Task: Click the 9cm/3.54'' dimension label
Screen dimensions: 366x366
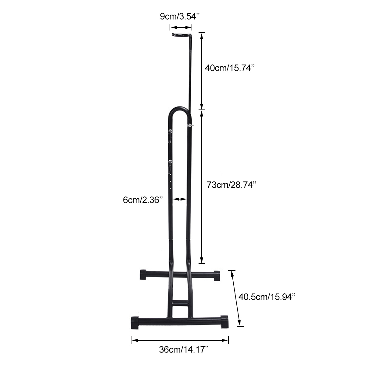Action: [180, 16]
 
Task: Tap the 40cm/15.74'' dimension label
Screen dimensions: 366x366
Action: [230, 68]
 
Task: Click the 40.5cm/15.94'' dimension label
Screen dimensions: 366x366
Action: [267, 296]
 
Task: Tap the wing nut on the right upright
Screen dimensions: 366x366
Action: [190, 125]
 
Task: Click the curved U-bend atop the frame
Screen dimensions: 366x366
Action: [179, 110]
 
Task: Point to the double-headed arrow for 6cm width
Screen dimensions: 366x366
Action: [180, 199]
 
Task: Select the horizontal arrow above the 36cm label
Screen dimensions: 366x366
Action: [180, 340]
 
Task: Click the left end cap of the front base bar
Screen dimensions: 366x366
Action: [135, 322]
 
